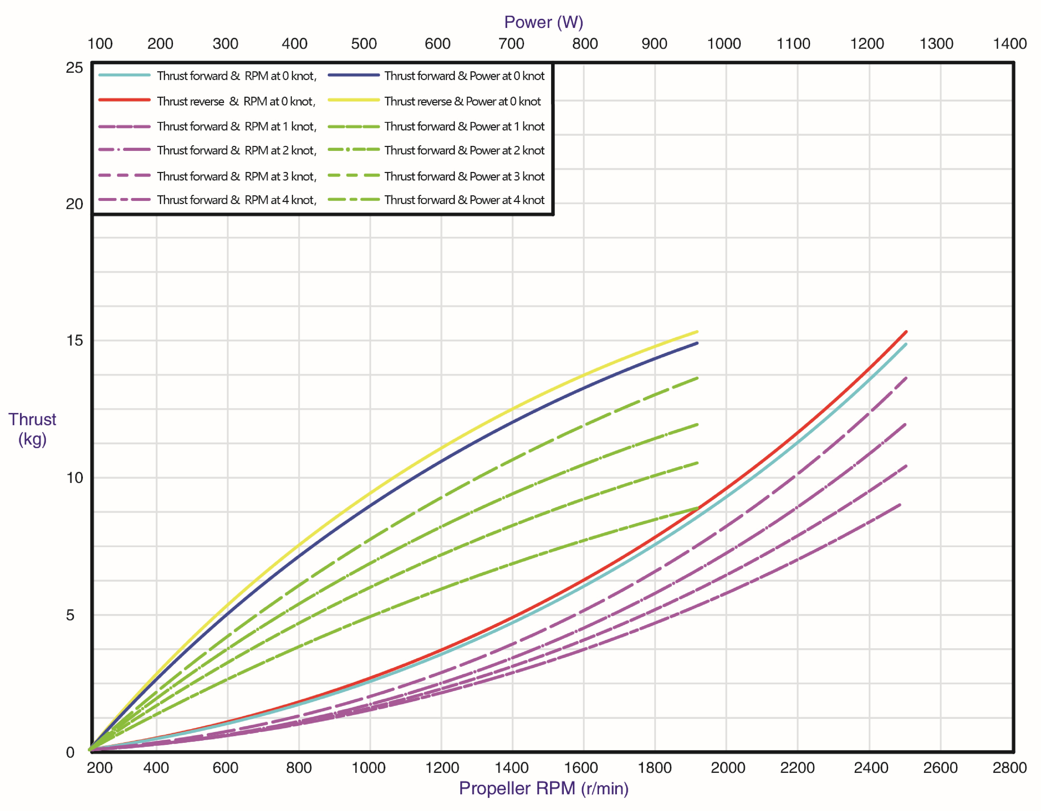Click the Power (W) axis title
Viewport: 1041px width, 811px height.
click(543, 22)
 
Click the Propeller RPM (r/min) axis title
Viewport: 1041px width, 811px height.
click(543, 788)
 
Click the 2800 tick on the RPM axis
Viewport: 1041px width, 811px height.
click(1009, 768)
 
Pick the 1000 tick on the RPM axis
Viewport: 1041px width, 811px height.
click(369, 768)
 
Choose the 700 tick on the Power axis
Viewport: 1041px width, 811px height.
click(511, 43)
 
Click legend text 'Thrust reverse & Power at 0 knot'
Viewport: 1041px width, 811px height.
click(462, 101)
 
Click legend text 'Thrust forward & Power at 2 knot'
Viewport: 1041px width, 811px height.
click(464, 150)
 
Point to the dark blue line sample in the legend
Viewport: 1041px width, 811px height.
click(354, 75)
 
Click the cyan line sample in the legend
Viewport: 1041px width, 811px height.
click(125, 75)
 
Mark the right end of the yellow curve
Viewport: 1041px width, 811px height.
click(697, 332)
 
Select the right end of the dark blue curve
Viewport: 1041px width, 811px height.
click(697, 343)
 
